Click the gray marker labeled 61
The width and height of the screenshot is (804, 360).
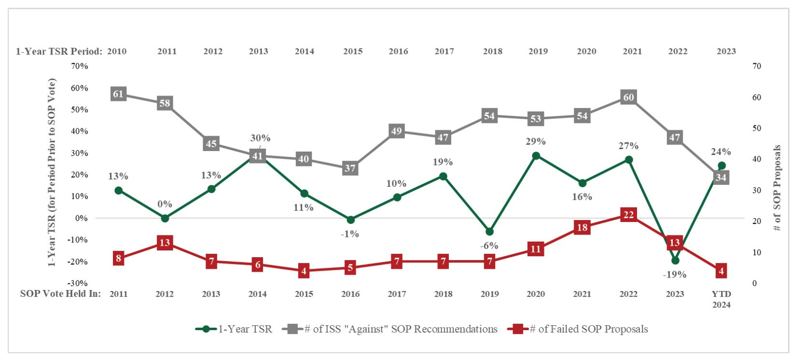[x=118, y=94]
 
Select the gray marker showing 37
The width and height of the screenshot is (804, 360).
[x=350, y=168]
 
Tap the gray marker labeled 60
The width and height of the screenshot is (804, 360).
[x=628, y=97]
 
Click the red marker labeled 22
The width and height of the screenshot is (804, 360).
[x=628, y=215]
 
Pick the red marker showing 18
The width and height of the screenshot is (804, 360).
[x=582, y=227]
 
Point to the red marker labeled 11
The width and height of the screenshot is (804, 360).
[x=536, y=249]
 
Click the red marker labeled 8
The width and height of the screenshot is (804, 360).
[x=118, y=258]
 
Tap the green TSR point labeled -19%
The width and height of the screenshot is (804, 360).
[x=675, y=261]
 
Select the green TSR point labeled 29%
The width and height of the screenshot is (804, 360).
[x=536, y=156]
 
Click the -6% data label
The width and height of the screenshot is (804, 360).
[x=489, y=246]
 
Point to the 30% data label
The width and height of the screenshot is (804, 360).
[x=260, y=138]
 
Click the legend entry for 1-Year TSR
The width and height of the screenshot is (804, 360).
[x=234, y=329]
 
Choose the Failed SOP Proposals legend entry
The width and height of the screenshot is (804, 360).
[x=578, y=329]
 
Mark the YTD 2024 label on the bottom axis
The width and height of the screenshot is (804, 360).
[x=721, y=299]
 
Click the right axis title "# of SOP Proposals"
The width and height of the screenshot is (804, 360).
[x=777, y=188]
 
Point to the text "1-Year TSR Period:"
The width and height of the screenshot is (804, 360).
[x=59, y=52]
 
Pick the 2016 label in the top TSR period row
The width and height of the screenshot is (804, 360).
[x=398, y=52]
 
